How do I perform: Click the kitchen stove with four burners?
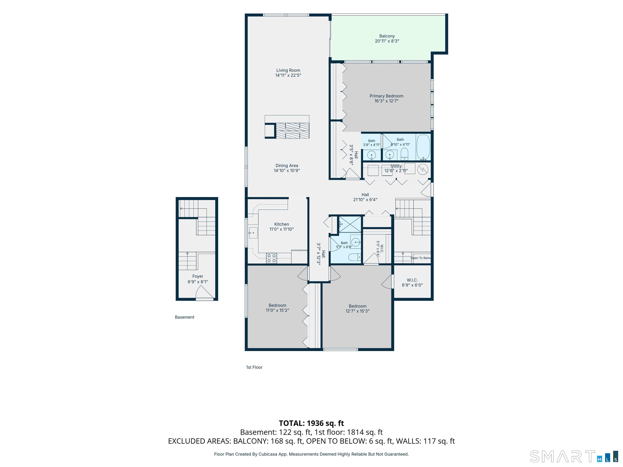pos(272,258)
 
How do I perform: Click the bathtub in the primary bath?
pos(423,147)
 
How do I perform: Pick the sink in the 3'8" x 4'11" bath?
pos(372,155)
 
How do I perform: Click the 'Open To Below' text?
pos(421,258)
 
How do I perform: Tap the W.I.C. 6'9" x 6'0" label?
pos(412,283)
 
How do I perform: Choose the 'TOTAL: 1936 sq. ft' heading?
pos(311,423)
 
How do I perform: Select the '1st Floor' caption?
pos(254,367)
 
